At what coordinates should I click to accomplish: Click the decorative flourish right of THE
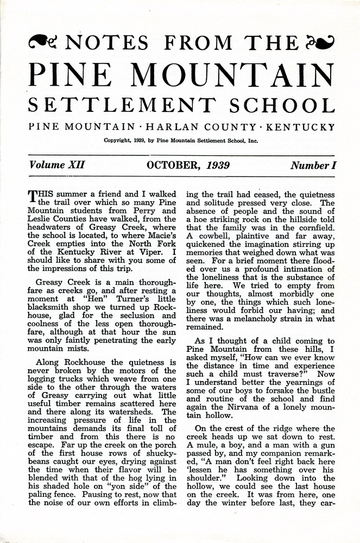pos(320,41)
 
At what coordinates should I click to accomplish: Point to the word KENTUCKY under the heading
pos(299,127)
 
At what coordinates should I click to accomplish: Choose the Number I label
pos(313,165)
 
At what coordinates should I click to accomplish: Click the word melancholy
pos(264,319)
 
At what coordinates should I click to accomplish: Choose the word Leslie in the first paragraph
pos(41,216)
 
